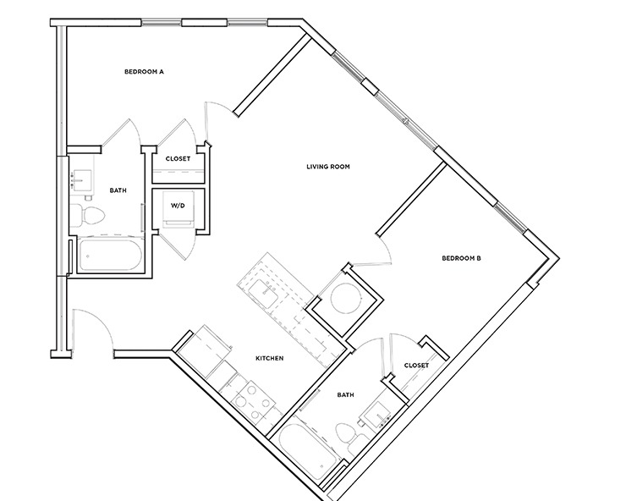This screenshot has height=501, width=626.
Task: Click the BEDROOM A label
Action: [143, 72]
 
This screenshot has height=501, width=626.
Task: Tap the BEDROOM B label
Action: [462, 258]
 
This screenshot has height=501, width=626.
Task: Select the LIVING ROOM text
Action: [328, 167]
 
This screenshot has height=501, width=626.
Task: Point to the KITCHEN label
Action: [269, 359]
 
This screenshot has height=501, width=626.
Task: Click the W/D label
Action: [178, 205]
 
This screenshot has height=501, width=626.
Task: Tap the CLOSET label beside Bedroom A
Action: [178, 158]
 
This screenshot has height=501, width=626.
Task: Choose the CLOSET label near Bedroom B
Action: [416, 365]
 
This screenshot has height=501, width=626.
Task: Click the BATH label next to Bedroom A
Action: [118, 190]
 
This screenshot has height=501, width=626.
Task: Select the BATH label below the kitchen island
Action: [345, 394]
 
